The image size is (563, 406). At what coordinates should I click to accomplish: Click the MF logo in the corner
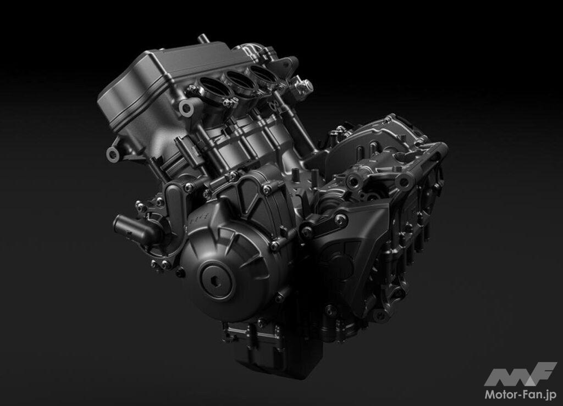pos(520,374)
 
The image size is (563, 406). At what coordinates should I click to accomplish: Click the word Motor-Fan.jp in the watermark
pos(521,394)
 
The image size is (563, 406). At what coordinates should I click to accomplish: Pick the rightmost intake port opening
pos(264,73)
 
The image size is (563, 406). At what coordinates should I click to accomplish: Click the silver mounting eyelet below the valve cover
pos(113,154)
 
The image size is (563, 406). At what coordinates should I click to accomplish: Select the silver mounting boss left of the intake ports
pos(187,107)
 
